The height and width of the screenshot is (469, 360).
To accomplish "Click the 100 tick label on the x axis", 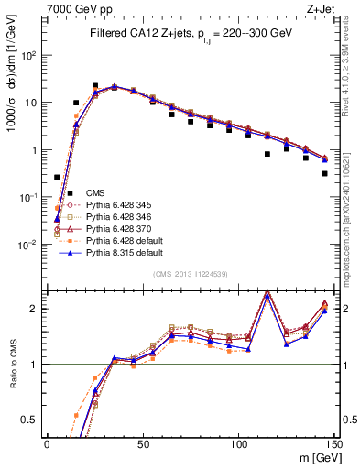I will pyautogui.click(x=239, y=444).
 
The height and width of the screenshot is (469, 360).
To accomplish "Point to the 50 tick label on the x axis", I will pyautogui.click(x=142, y=444).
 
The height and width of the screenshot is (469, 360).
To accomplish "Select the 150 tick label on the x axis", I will pyautogui.click(x=335, y=444).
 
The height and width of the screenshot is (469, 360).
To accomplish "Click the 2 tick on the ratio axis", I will pyautogui.click(x=38, y=309).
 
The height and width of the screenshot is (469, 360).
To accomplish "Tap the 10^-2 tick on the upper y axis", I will pyautogui.click(x=29, y=245).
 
